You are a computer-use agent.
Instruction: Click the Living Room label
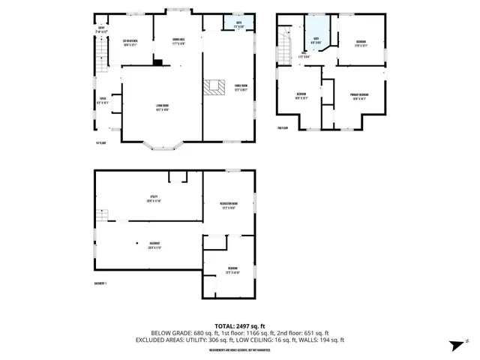pyautogui.click(x=161, y=106)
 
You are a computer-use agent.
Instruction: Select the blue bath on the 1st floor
pyautogui.click(x=239, y=24)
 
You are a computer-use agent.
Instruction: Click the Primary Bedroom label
pyautogui.click(x=360, y=95)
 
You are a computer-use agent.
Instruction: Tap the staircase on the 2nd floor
pyautogui.click(x=284, y=46)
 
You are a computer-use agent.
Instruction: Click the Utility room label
pyautogui.click(x=154, y=199)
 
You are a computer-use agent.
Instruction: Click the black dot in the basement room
pyautogui.click(x=137, y=244)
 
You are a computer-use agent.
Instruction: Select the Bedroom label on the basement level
pyautogui.click(x=233, y=271)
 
